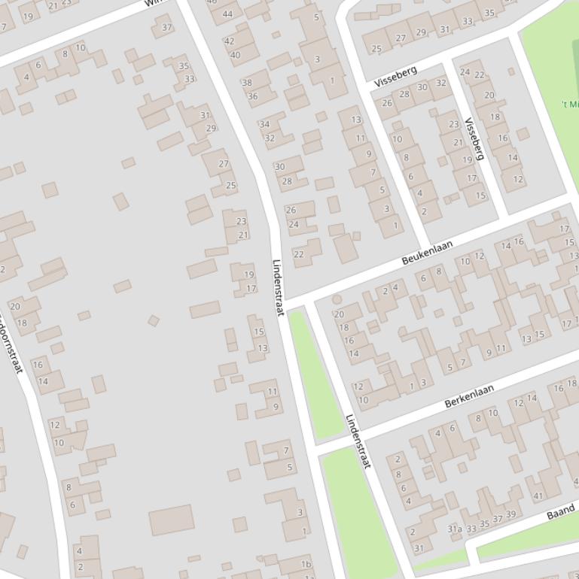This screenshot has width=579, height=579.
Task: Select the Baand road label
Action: (x=561, y=514)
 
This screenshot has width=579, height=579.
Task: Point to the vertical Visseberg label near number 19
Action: (x=474, y=138)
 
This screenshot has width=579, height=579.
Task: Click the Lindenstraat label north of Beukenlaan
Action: (x=278, y=287)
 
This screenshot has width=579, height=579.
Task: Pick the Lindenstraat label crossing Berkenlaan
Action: (x=358, y=441)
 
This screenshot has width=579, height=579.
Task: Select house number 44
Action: (x=227, y=14)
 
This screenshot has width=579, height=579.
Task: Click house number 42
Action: (x=230, y=41)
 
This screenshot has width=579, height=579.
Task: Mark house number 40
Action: (x=235, y=55)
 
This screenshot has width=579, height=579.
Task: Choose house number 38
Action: (x=247, y=83)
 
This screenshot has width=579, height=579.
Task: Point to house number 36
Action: (x=252, y=96)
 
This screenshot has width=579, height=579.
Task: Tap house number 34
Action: (x=264, y=125)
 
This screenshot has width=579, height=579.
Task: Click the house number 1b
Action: (x=306, y=564)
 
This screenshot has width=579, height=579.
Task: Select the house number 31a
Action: (x=455, y=529)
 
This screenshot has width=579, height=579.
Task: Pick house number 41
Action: (x=538, y=496)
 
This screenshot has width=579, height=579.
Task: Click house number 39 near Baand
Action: (x=511, y=515)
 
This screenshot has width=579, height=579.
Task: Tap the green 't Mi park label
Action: (x=569, y=104)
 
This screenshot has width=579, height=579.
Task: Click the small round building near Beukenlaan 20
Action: (x=337, y=299)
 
